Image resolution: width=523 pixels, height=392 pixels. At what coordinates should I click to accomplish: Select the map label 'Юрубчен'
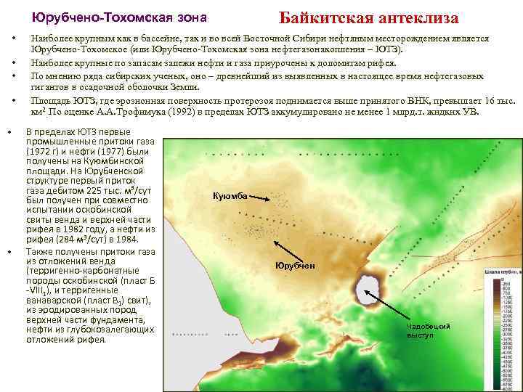coord(295,266)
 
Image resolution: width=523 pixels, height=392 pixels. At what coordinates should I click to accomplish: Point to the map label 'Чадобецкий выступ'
coord(429,330)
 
